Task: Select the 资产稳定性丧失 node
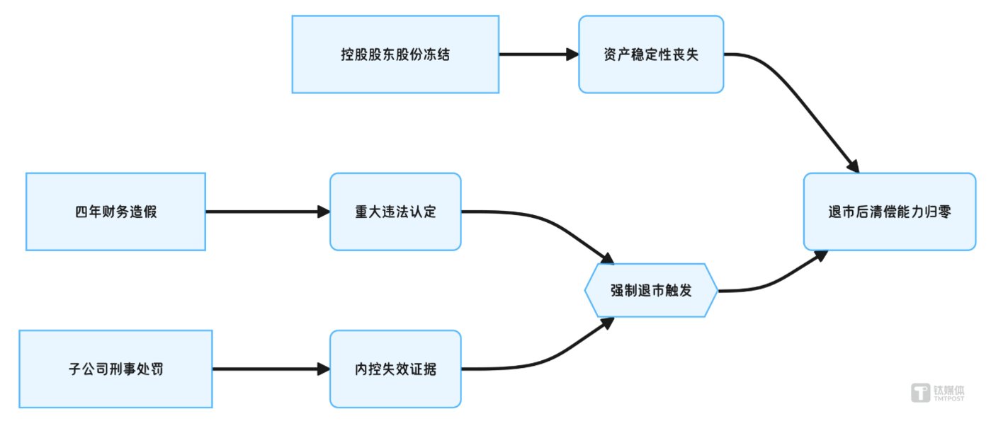pos(651,54)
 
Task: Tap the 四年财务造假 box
pos(115,212)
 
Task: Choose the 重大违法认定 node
pos(395,212)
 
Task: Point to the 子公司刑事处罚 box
pos(115,369)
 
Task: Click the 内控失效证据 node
pos(395,369)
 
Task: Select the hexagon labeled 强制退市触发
pos(651,291)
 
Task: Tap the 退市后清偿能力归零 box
pos(889,212)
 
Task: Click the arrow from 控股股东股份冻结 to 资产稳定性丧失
pos(538,54)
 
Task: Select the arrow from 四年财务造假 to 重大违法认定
pos(267,212)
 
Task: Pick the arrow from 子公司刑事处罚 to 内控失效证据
pos(271,369)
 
